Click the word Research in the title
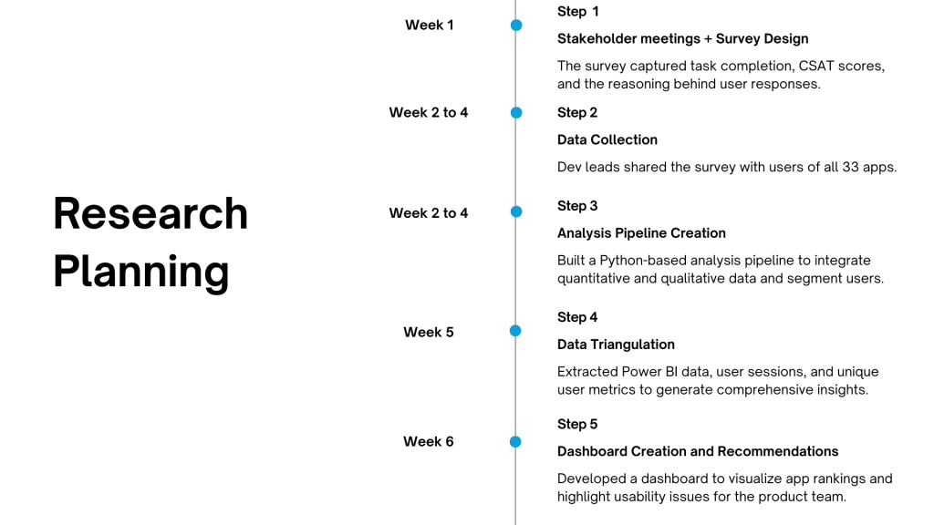(x=150, y=213)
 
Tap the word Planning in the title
(x=141, y=273)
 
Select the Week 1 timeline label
(x=429, y=25)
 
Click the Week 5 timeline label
(x=429, y=332)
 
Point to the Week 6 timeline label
(x=429, y=442)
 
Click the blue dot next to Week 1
(x=516, y=25)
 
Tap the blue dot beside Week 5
(x=516, y=331)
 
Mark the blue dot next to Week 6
(x=516, y=442)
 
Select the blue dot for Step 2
(x=516, y=112)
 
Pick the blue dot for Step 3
(x=516, y=211)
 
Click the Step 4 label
(x=577, y=317)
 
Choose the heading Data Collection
(x=607, y=139)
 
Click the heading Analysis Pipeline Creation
(x=641, y=233)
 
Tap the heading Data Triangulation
(x=616, y=345)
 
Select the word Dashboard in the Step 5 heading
(x=592, y=451)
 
